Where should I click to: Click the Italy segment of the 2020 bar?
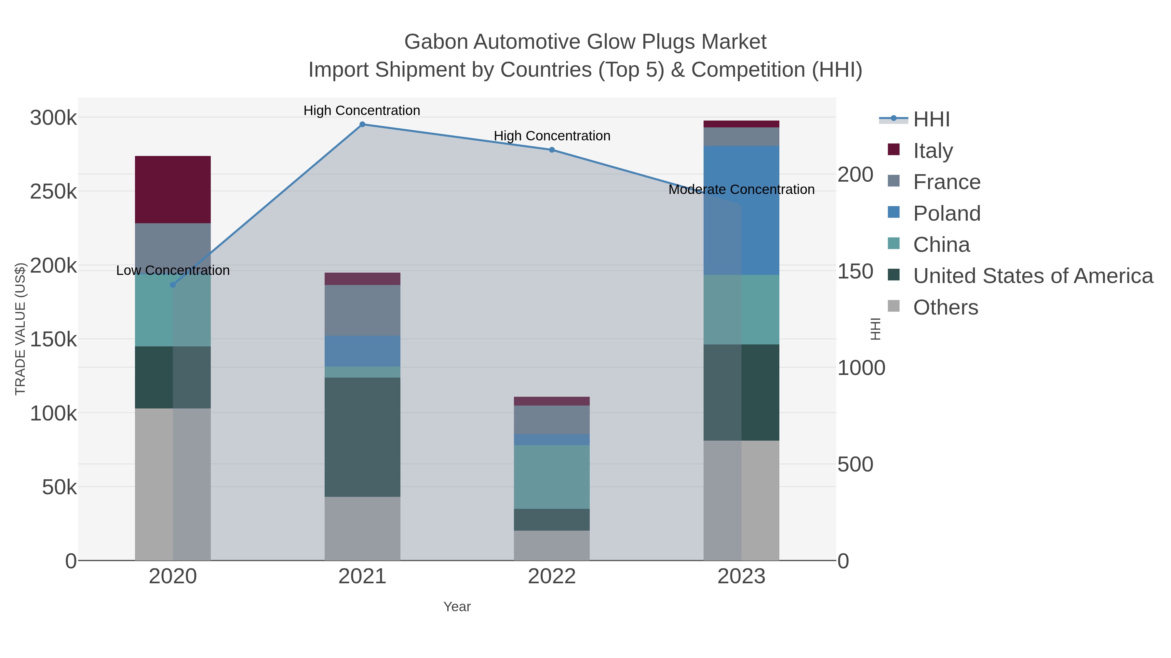pos(173,189)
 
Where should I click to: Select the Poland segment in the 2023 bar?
pos(741,210)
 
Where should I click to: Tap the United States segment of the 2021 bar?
pos(362,437)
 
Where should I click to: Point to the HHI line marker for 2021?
pos(362,124)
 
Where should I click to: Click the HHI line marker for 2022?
pos(552,150)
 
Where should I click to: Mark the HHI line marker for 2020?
pos(173,285)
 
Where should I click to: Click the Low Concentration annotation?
pos(173,270)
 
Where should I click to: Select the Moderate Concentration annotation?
pos(741,189)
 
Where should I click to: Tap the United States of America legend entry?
pos(1033,276)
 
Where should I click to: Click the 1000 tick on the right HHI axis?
pos(861,368)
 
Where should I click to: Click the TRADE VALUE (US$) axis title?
pos(20,329)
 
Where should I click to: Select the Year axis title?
pos(457,607)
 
